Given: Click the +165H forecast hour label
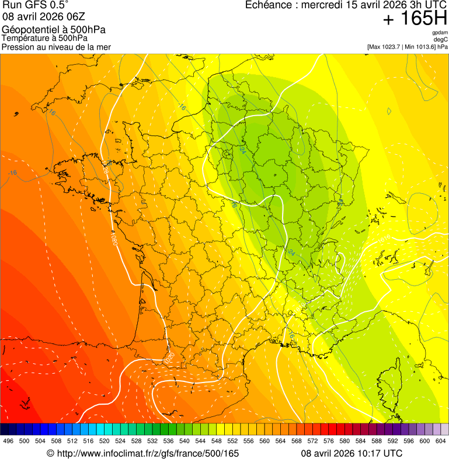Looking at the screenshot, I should click(x=415, y=19).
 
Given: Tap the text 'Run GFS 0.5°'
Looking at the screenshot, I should click(x=36, y=6).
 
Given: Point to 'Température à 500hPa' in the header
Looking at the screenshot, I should click(x=44, y=38).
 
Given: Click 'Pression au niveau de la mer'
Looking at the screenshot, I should click(x=56, y=47).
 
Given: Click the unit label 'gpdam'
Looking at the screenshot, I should click(x=440, y=33).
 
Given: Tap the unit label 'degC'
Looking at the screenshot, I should click(x=441, y=39).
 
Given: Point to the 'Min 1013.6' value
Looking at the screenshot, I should click(x=420, y=47).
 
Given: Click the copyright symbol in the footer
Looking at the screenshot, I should click(x=50, y=453).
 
